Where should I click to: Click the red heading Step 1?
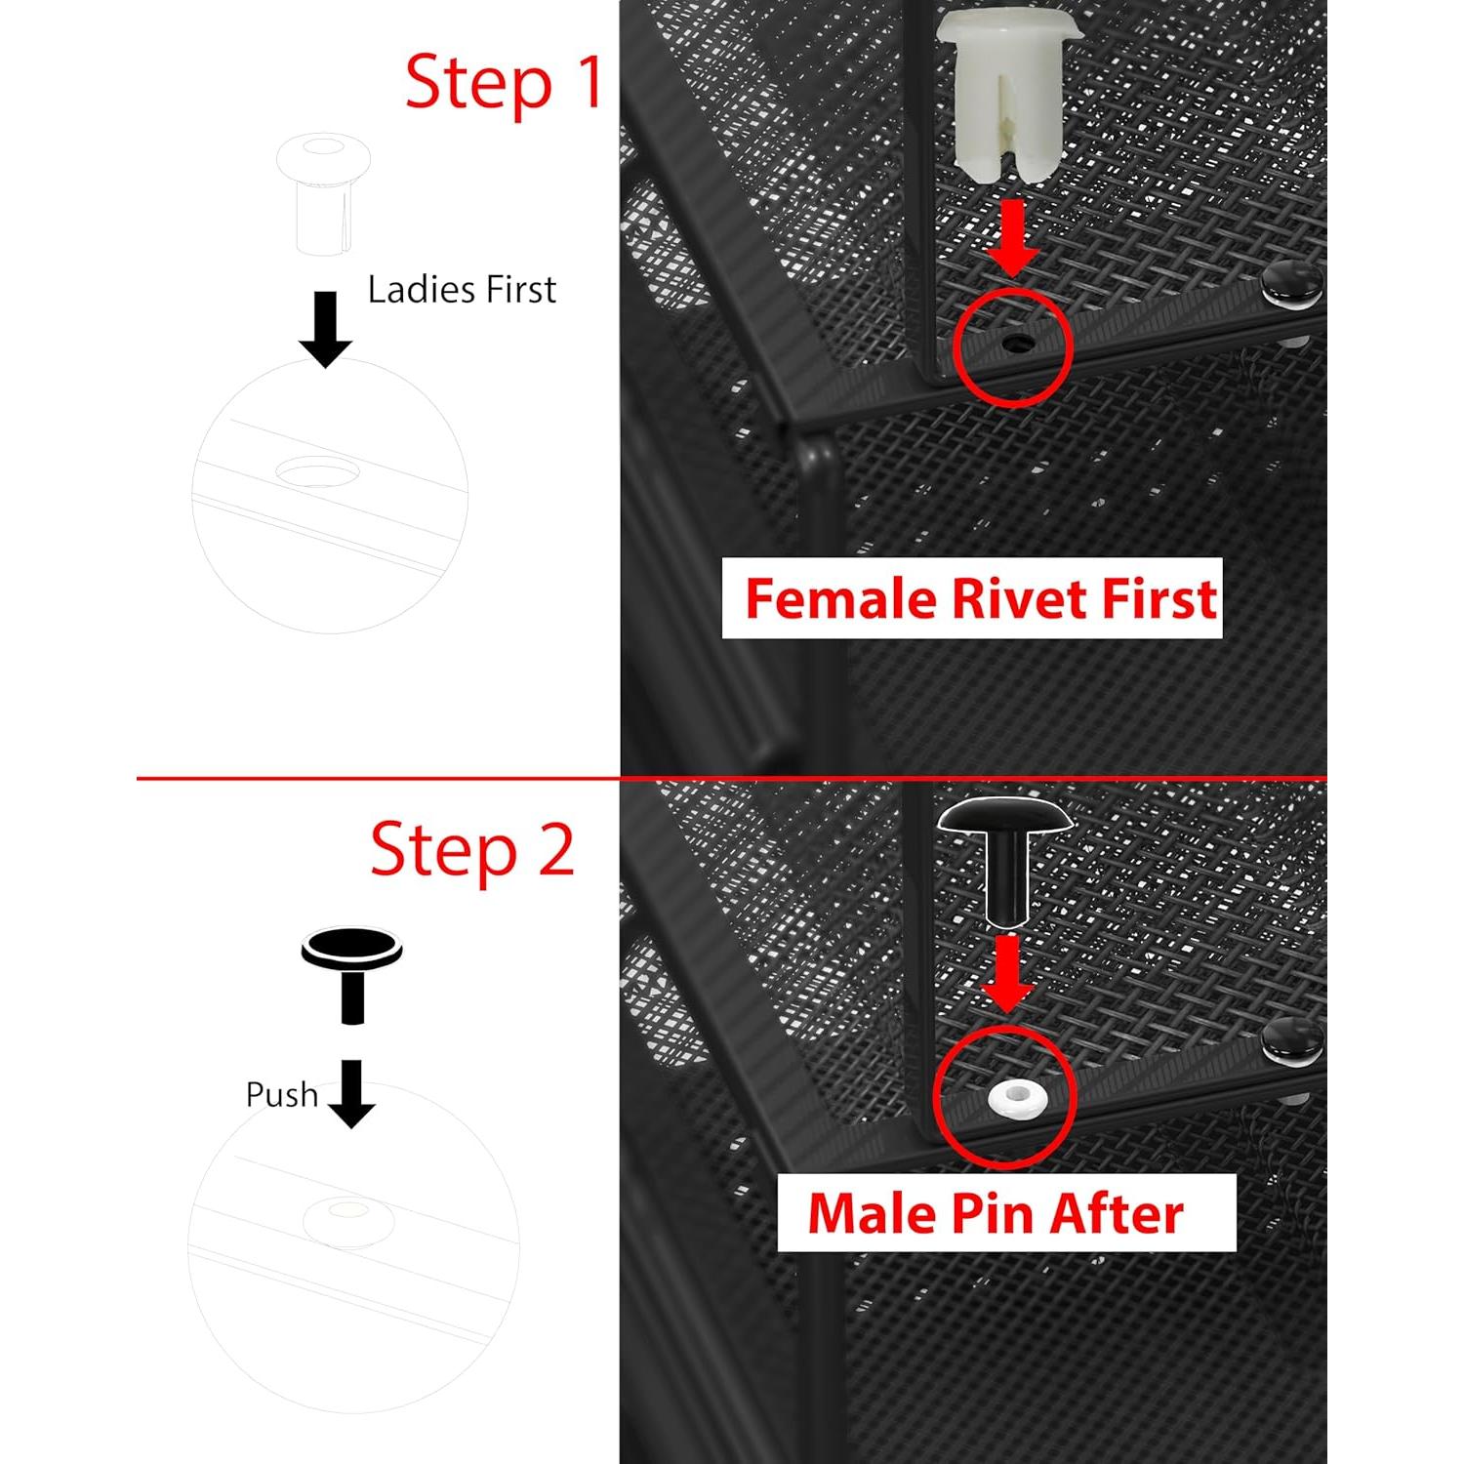tap(504, 83)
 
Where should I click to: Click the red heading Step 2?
tap(472, 849)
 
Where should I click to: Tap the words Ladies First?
tap(462, 290)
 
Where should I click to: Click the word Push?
tap(281, 1095)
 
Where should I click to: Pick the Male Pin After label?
tap(1006, 1213)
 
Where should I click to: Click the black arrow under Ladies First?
tap(325, 329)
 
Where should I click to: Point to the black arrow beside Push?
tap(351, 1094)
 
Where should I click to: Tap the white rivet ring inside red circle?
tap(1017, 1098)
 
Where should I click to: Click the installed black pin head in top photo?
tap(1290, 284)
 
